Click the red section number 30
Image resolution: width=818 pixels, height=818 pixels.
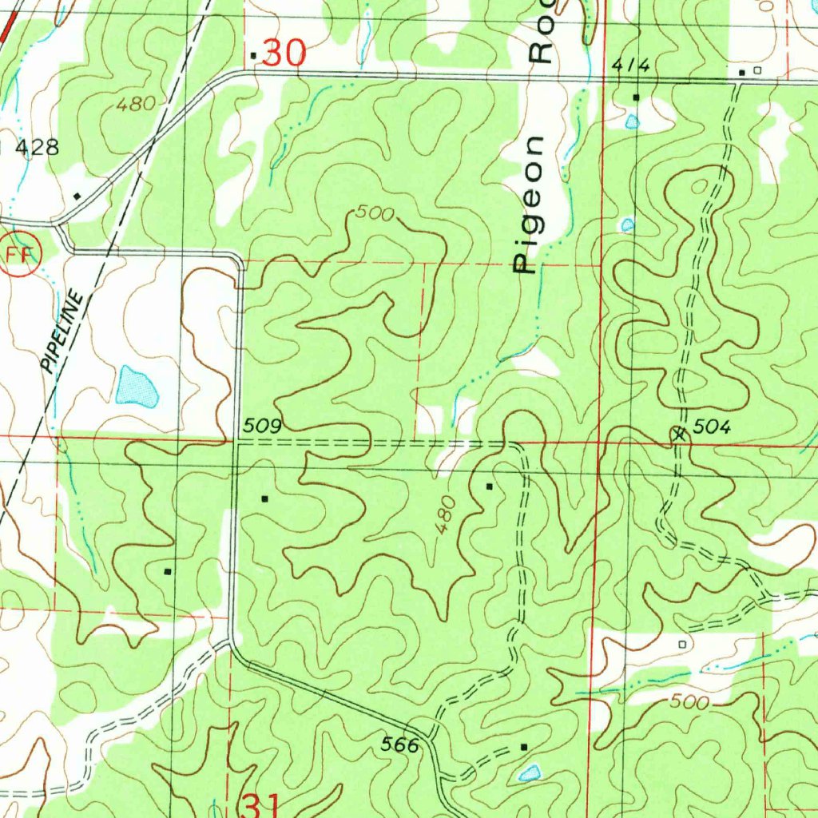tap(284, 54)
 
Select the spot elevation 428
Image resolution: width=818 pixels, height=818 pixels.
tap(38, 147)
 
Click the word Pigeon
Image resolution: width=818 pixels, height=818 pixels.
tap(528, 205)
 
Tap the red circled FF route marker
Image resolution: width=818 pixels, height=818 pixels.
tap(15, 255)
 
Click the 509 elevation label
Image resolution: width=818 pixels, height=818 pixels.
tap(262, 427)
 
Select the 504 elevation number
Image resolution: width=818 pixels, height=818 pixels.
tap(712, 428)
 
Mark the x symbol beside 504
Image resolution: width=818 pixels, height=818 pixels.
tap(680, 435)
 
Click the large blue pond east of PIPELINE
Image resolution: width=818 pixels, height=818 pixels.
tap(137, 386)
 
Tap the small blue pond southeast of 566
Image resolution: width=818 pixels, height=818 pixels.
tap(529, 772)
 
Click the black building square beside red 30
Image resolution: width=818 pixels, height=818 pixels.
tap(254, 56)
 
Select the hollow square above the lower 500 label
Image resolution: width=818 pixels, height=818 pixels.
tap(681, 643)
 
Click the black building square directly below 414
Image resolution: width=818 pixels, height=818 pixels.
tap(636, 97)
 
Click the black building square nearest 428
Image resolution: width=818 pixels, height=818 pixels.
tap(77, 196)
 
